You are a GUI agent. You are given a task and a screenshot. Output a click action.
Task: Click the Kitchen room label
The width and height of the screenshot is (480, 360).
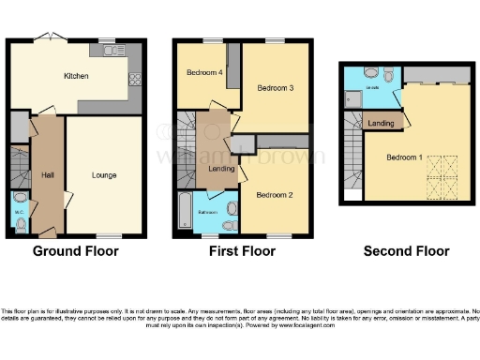pos(76,77)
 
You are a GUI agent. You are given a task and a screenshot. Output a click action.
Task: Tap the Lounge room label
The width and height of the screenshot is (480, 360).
pos(104,174)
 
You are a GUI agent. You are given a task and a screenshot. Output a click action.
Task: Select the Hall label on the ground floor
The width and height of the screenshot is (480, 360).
pos(47,174)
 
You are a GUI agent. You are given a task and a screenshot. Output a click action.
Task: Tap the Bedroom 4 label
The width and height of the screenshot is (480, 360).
pos(202,72)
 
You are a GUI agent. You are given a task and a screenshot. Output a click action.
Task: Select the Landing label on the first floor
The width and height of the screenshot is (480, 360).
pos(222,169)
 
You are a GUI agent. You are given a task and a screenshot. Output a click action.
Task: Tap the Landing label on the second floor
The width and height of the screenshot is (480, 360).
pos(381,123)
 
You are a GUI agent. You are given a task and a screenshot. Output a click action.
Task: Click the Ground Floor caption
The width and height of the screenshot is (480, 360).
pos(75,251)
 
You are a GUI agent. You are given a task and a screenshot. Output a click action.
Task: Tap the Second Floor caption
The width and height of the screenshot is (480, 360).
pos(407,251)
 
